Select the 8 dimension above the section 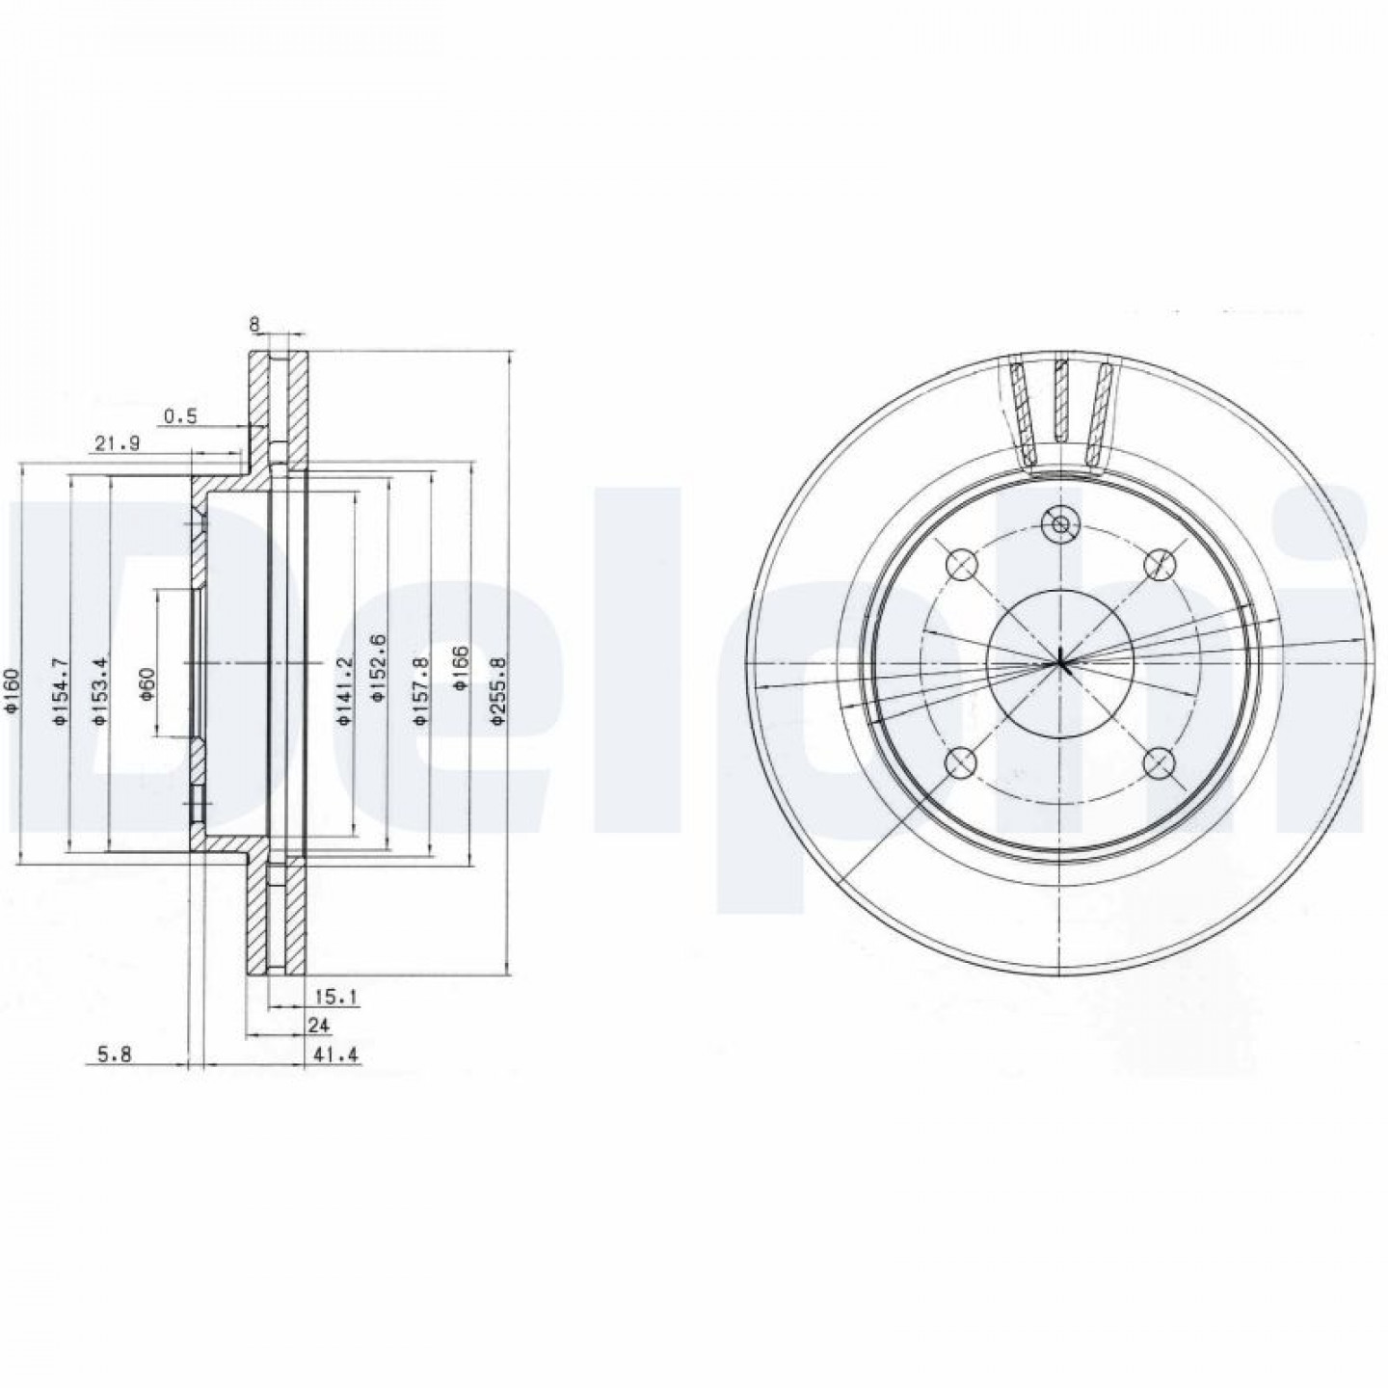[x=254, y=324]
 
